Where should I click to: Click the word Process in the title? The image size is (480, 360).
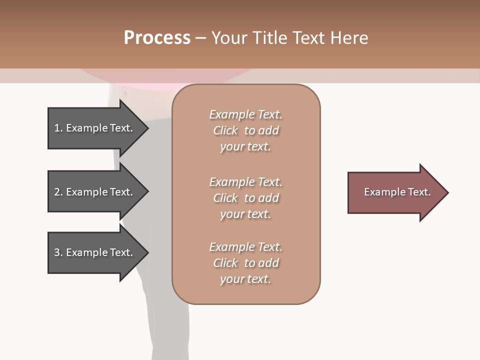157,38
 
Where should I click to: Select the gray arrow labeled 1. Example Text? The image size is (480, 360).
98,128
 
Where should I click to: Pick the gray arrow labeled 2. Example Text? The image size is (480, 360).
98,191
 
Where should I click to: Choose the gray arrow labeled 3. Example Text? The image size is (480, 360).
98,252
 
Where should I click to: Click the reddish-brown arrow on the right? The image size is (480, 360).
398,192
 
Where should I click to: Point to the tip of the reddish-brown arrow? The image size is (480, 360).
448,192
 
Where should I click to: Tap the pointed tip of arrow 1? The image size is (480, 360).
148,128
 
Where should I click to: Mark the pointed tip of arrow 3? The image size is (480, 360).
148,252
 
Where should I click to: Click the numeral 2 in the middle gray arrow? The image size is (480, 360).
57,192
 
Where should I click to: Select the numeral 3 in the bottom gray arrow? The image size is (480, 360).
57,252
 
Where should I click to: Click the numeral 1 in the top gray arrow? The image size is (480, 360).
57,128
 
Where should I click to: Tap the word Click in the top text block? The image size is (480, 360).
225,130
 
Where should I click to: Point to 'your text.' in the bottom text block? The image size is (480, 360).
245,279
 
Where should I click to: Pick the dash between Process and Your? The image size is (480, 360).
200,39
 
